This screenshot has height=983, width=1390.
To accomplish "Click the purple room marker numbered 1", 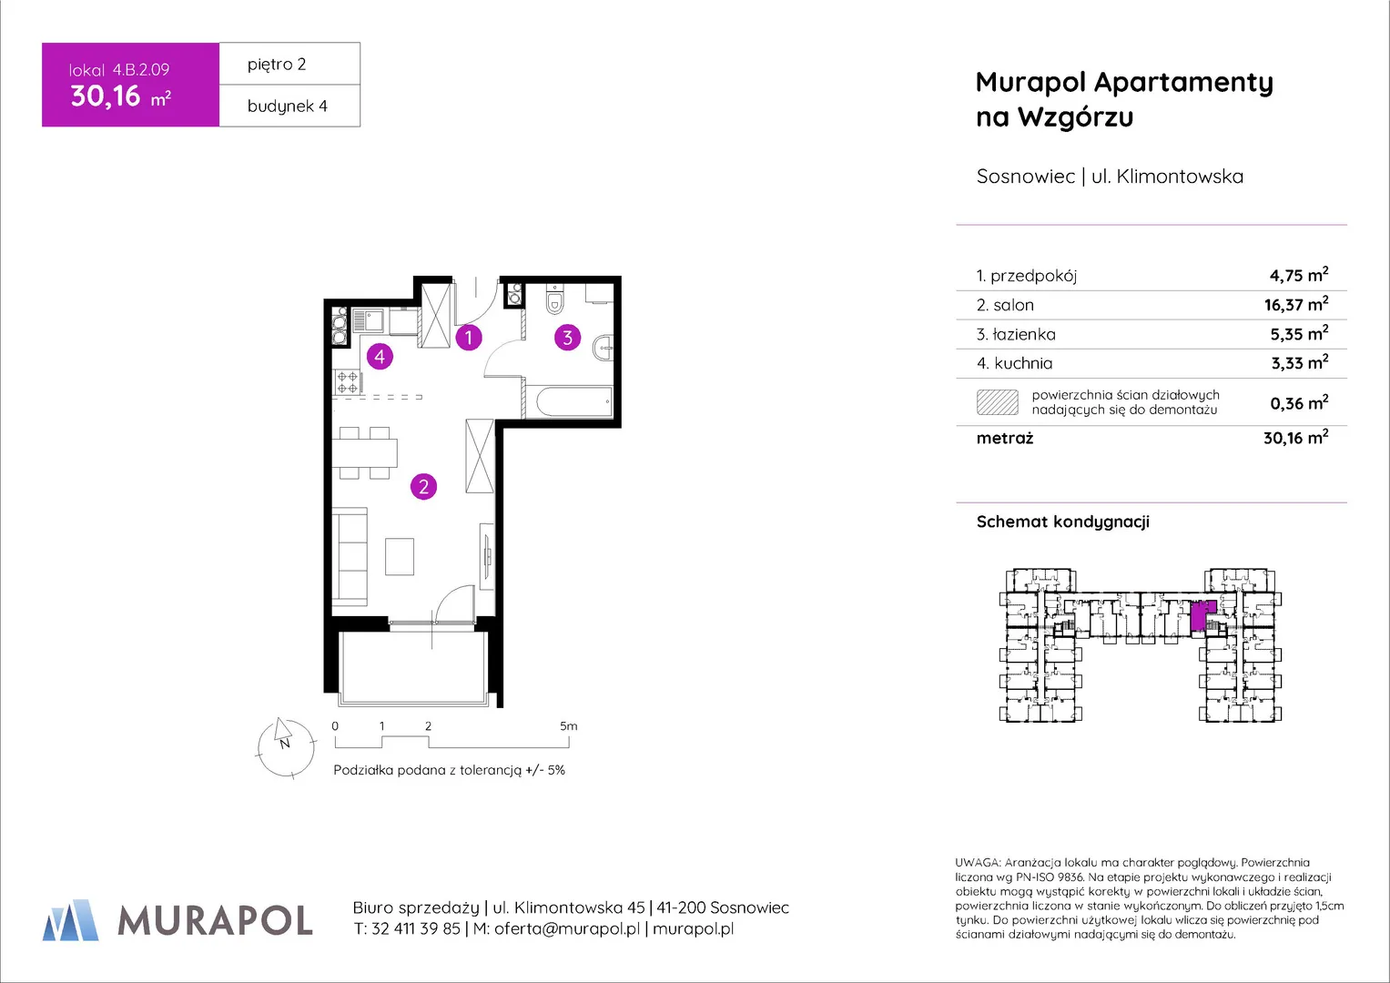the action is click(x=469, y=338).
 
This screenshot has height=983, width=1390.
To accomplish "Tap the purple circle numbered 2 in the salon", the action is click(x=424, y=487).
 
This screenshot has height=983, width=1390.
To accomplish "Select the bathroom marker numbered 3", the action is click(x=567, y=338).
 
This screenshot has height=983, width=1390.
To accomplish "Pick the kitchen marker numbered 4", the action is click(x=380, y=356).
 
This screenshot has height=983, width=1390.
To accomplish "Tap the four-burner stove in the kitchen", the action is click(x=347, y=381).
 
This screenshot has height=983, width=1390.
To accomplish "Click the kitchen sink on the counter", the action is click(x=368, y=321).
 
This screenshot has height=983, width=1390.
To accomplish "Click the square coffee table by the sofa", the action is click(x=400, y=557).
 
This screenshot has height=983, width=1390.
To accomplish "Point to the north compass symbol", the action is click(x=286, y=747).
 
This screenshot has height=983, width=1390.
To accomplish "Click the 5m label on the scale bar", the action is click(x=568, y=726).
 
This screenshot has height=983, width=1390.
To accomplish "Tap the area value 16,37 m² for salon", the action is click(x=1296, y=304).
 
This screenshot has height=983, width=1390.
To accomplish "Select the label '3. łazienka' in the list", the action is click(x=1016, y=335).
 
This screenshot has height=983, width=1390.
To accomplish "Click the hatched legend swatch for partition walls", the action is click(x=997, y=402).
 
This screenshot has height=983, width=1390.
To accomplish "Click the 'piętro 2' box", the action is click(x=289, y=64).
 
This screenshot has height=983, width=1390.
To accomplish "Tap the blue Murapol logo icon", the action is click(x=70, y=920).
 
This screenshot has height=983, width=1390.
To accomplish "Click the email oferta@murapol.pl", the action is click(x=566, y=929).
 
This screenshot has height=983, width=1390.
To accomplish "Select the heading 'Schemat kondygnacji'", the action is click(x=1063, y=522).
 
